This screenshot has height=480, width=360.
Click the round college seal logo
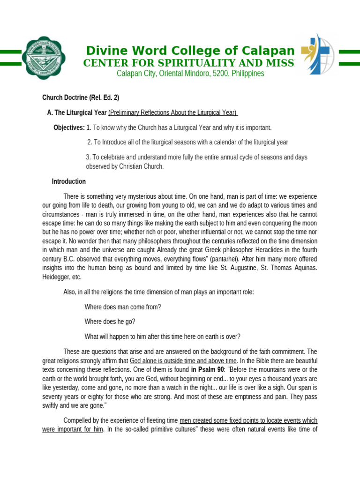[x=46, y=55]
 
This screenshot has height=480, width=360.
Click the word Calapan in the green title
[x=265, y=51]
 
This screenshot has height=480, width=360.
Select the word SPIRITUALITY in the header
[x=180, y=63]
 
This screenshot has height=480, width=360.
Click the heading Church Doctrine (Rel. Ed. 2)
[x=81, y=98]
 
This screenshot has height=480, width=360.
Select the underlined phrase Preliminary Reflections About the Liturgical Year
[x=172, y=113]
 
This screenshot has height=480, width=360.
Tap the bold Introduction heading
[x=68, y=181]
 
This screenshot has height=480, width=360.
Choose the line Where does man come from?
[x=123, y=307]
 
